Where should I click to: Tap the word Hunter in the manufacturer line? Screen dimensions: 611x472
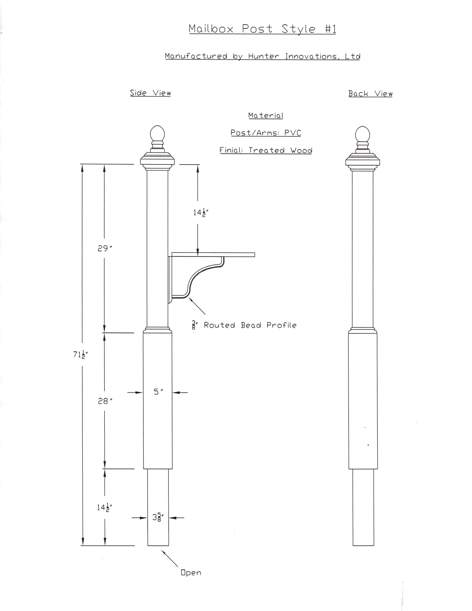(x=263, y=56)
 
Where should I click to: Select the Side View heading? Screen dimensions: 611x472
(x=150, y=93)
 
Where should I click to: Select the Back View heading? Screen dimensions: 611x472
(x=370, y=94)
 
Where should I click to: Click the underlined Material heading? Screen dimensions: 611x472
(x=266, y=116)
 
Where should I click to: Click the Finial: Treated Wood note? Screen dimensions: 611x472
(x=266, y=150)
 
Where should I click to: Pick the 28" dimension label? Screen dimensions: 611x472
(x=105, y=401)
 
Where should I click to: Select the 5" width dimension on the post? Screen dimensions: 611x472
(x=158, y=392)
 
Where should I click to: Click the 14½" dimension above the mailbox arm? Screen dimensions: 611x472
(x=201, y=213)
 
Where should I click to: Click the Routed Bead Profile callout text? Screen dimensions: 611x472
(x=250, y=325)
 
